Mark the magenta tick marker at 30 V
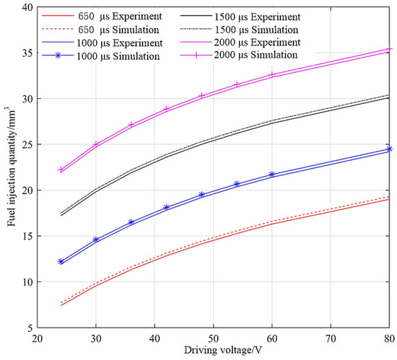96,144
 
